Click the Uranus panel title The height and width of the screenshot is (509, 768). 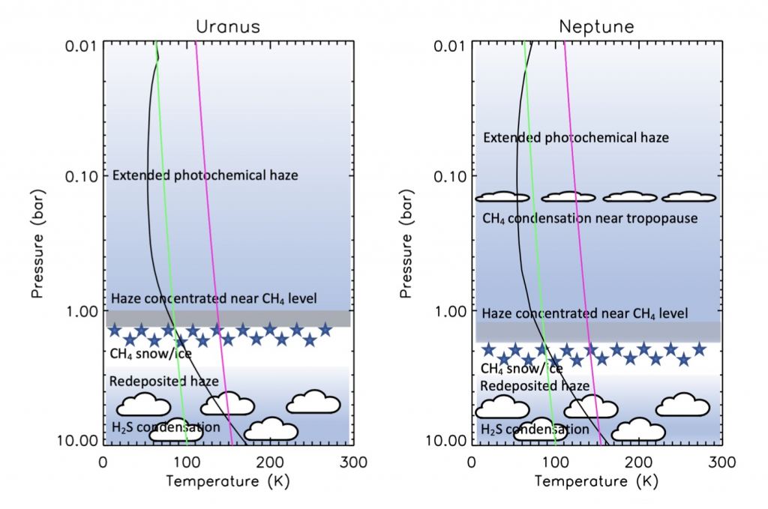pyautogui.click(x=227, y=26)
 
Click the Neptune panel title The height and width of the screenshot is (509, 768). pyautogui.click(x=596, y=26)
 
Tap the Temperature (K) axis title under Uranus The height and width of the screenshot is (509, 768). pyautogui.click(x=227, y=481)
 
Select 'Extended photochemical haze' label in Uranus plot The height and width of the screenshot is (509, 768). pyautogui.click(x=205, y=175)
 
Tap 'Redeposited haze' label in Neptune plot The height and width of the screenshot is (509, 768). pyautogui.click(x=534, y=385)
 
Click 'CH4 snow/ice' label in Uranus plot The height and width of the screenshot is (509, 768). pyautogui.click(x=151, y=353)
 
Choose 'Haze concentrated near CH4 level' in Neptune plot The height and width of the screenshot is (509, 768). pyautogui.click(x=584, y=313)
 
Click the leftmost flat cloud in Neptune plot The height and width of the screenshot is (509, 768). pyautogui.click(x=502, y=197)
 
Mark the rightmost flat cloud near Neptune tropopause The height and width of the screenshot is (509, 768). pyautogui.click(x=689, y=197)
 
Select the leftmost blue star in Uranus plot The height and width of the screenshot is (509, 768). pyautogui.click(x=114, y=330)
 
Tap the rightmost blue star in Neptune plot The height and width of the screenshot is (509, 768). pyautogui.click(x=698, y=349)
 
